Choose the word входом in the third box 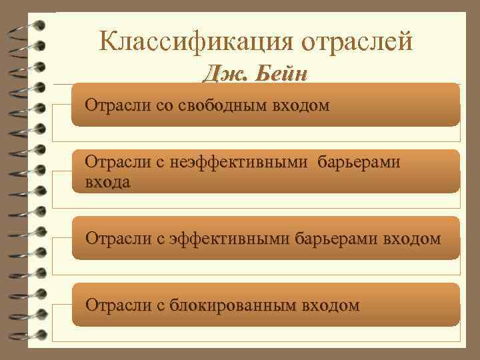(412, 238)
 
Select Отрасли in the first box (112, 105)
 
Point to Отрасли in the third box (112, 238)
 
